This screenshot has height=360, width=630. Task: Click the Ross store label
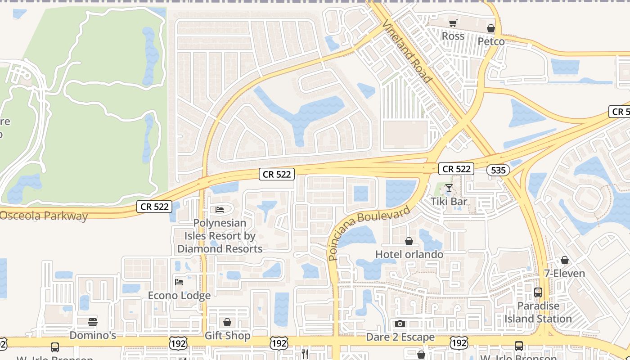click(453, 36)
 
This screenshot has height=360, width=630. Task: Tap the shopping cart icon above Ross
click(453, 23)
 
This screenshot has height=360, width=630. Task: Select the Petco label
click(491, 41)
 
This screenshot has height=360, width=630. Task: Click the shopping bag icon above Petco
click(491, 28)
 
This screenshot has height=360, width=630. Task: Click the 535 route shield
click(498, 170)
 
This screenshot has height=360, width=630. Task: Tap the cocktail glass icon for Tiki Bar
click(449, 188)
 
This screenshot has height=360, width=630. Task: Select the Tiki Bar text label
click(449, 201)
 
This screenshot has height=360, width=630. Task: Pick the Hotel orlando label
click(409, 254)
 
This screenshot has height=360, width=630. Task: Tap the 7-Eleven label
click(564, 273)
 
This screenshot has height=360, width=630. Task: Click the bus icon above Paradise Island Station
click(538, 292)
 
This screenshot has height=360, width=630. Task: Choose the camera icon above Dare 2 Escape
click(400, 324)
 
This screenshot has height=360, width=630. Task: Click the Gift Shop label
click(227, 336)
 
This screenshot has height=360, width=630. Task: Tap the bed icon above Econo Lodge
click(179, 282)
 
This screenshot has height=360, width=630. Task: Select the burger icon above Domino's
click(93, 322)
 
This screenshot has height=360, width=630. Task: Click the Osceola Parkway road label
click(44, 216)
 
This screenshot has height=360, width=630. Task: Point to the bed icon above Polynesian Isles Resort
click(220, 210)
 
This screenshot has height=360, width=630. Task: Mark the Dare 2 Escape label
click(400, 337)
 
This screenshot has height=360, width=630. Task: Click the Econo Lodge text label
click(179, 296)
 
